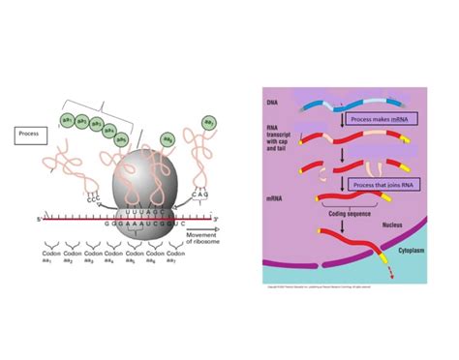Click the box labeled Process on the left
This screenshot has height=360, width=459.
[34, 134]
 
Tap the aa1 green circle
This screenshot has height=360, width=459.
[69, 119]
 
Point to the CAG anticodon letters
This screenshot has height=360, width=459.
[202, 194]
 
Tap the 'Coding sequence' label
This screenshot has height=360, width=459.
[346, 214]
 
